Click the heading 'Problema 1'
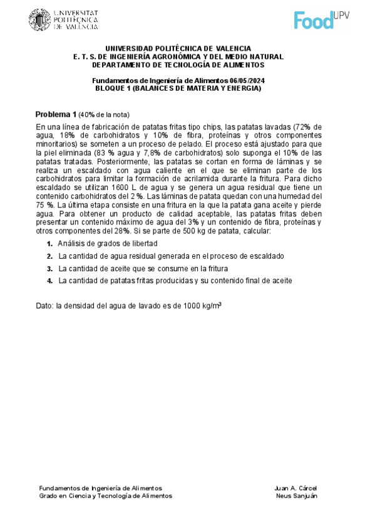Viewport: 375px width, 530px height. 55,114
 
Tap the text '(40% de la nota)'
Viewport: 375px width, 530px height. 104,115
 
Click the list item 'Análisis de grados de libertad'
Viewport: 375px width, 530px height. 107,243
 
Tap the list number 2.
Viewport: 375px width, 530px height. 49,256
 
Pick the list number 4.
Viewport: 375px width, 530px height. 49,281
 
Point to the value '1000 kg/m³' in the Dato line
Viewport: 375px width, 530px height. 200,306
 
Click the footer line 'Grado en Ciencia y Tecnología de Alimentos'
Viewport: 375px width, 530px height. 105,496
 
